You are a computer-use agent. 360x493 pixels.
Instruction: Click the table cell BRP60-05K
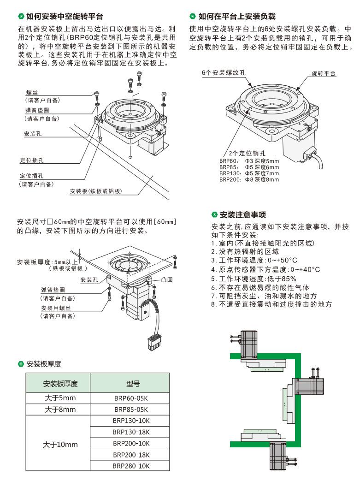click(130, 398)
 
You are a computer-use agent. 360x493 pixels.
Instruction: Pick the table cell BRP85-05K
click(130, 410)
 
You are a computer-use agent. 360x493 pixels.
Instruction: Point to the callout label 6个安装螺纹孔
click(224, 73)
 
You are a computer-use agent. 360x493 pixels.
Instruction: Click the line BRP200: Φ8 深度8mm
click(249, 179)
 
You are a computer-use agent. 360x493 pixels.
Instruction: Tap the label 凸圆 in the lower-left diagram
click(167, 279)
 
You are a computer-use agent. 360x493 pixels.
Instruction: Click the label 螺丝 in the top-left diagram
click(32, 93)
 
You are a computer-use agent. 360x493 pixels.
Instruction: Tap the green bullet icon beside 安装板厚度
click(20, 364)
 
